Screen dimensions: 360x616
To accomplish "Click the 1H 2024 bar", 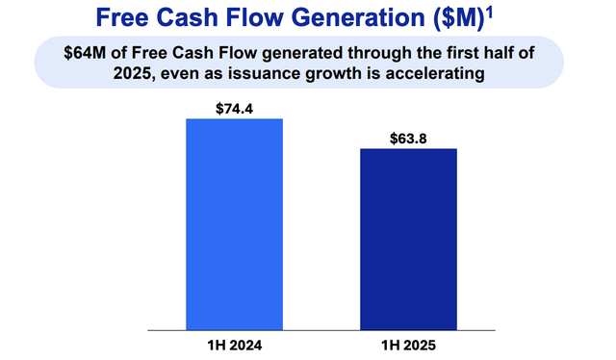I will pyautogui.click(x=234, y=224).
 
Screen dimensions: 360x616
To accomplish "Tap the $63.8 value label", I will pyautogui.click(x=408, y=138).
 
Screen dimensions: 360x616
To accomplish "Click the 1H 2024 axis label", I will pyautogui.click(x=234, y=344).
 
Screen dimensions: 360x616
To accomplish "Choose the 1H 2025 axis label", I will pyautogui.click(x=408, y=344).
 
